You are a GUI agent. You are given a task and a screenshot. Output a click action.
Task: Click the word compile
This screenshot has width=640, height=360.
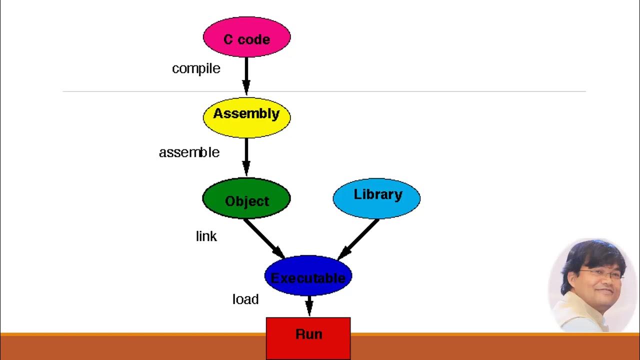coord(196,68)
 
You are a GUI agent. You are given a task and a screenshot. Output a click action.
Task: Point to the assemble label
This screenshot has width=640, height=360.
coord(189,152)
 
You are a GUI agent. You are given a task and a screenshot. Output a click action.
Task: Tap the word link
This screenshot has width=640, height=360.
coord(206,236)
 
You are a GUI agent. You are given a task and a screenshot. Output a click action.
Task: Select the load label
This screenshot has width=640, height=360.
coord(245,299)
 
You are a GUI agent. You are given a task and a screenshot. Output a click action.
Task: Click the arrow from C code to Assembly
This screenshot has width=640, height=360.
coord(246,75)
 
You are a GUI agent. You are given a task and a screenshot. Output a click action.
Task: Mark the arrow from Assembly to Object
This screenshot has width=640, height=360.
coord(246,156)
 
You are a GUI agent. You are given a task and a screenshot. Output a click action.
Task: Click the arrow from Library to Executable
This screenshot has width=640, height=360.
coord(358,239)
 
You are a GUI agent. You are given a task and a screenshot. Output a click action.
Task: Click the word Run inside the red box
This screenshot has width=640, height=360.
coord(308,334)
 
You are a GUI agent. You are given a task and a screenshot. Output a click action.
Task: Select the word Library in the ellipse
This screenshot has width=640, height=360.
coord(377,194)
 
